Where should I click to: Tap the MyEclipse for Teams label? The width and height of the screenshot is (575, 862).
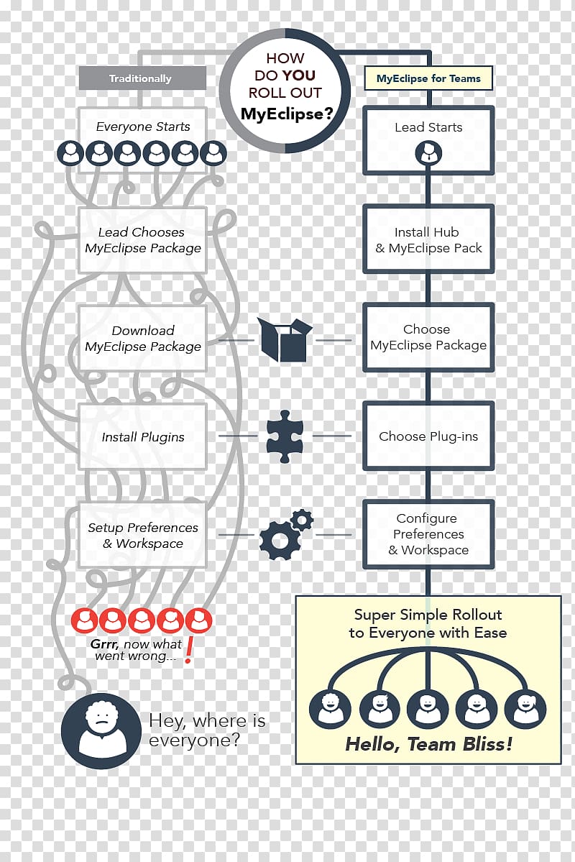click(x=428, y=78)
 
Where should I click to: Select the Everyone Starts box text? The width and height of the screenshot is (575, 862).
click(x=143, y=127)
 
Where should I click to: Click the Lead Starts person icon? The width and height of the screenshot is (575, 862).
click(x=428, y=153)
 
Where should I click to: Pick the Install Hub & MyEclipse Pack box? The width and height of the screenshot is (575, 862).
click(x=429, y=239)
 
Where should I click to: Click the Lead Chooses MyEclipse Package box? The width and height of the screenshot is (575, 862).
click(x=143, y=240)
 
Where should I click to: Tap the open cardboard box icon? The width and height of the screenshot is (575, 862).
click(x=285, y=340)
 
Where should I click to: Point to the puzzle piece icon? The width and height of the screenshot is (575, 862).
click(x=284, y=436)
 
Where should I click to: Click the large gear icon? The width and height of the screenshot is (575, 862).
click(x=280, y=541)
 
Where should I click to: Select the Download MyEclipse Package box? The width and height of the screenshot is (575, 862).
click(x=143, y=338)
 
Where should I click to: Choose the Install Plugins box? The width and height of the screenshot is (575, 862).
click(x=143, y=436)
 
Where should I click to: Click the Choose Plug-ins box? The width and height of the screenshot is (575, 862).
click(x=429, y=436)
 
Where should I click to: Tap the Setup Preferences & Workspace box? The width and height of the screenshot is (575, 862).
click(x=143, y=535)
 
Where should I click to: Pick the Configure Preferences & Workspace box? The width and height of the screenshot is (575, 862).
click(x=429, y=533)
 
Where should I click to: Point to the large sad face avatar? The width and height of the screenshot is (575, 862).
click(x=101, y=730)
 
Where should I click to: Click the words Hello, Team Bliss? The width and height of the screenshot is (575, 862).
click(x=429, y=744)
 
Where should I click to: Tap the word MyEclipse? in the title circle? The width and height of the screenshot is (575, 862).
click(x=287, y=114)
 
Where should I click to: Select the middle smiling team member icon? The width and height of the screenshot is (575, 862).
click(x=428, y=709)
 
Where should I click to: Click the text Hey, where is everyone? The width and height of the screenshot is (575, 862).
click(x=207, y=730)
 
